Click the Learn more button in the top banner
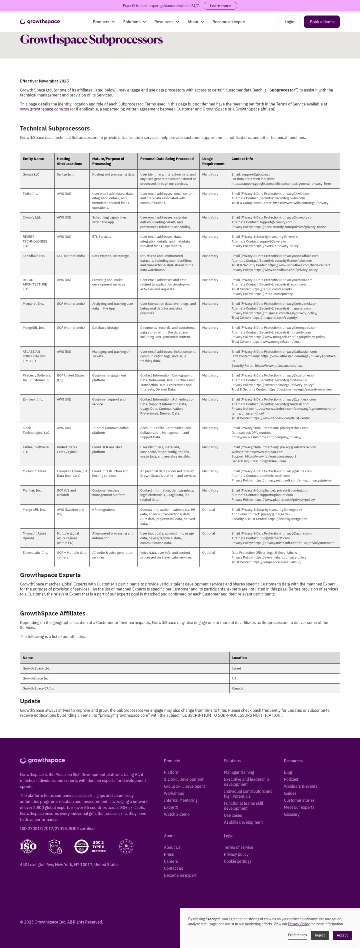[x=220, y=6]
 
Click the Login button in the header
[x=289, y=22]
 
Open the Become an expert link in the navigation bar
[x=228, y=22]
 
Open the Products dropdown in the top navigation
[x=103, y=22]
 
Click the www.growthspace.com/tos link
[x=44, y=109]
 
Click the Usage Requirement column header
[x=213, y=161]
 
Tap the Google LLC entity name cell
[x=31, y=174]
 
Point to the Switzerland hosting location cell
[x=65, y=174]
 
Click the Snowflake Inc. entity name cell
[x=33, y=256]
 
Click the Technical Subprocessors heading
[x=55, y=128]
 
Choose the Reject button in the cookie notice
[x=319, y=935]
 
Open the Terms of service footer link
[x=238, y=847]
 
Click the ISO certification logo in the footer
[x=28, y=846]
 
